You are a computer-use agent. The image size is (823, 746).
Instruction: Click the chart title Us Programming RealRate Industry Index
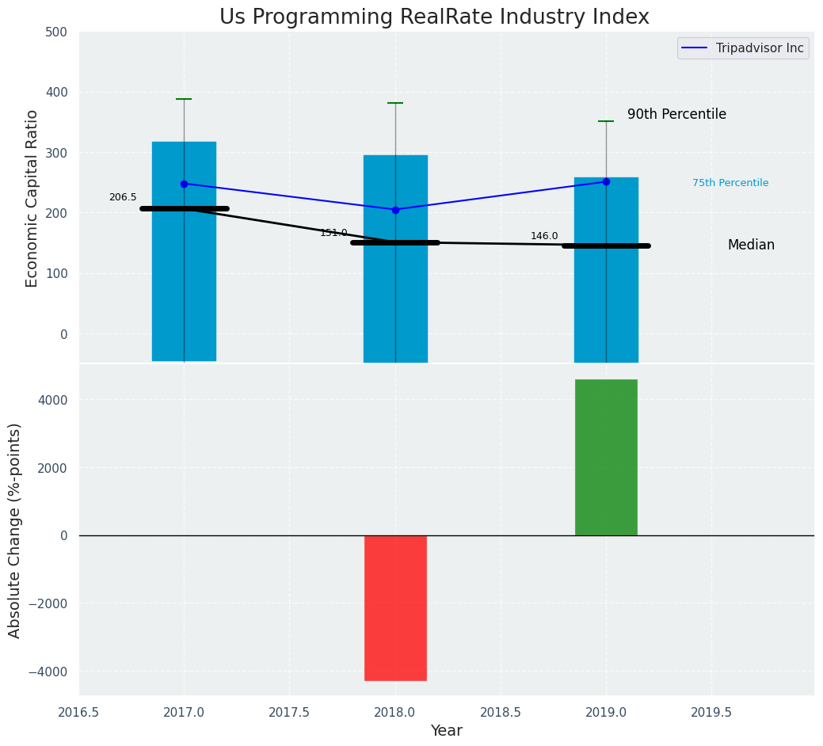434,17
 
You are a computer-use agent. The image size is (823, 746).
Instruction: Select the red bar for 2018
395,607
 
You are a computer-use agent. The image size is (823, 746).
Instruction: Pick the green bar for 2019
606,458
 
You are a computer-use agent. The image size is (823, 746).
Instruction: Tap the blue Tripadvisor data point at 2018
395,210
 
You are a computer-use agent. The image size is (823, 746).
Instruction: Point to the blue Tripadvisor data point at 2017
184,184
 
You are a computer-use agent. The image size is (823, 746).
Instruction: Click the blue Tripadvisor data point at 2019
606,181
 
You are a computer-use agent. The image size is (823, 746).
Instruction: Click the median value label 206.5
123,197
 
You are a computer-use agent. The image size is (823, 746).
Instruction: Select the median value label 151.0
333,233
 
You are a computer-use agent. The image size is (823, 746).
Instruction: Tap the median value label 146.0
544,236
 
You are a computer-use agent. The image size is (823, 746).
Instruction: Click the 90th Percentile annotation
676,114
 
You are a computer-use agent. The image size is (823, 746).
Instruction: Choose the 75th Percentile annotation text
730,183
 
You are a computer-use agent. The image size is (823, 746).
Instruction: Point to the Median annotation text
751,245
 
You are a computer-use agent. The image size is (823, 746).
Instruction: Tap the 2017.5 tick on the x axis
289,712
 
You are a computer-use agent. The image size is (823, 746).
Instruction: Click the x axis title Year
446,731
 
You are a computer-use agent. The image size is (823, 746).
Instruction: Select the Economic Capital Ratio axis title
32,198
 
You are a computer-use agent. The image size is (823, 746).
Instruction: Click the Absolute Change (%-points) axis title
15,530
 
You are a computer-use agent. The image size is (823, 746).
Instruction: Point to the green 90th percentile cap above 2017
184,99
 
